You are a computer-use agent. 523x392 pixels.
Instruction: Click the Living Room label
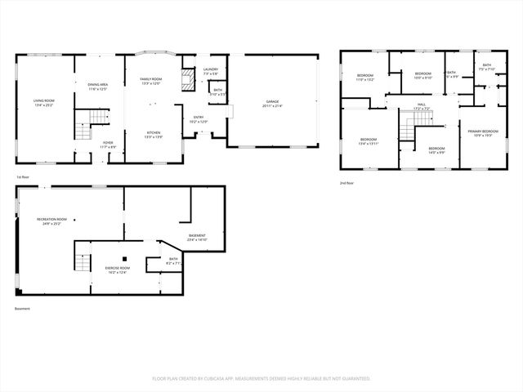click(x=43, y=102)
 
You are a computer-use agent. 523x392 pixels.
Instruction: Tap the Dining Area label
click(x=98, y=85)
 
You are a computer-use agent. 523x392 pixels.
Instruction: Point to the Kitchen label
click(x=153, y=132)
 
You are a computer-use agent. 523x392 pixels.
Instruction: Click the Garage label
click(x=272, y=103)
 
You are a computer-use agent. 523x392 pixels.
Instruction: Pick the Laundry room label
click(x=210, y=70)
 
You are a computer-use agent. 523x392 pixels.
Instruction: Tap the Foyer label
click(x=107, y=144)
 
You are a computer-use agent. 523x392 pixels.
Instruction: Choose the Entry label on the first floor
click(x=199, y=119)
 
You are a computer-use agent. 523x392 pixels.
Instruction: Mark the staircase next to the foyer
click(x=83, y=131)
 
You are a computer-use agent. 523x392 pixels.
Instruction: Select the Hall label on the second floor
click(x=422, y=105)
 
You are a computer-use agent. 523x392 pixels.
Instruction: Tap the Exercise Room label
click(x=117, y=269)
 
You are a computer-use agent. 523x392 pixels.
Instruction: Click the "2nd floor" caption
click(x=348, y=183)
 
